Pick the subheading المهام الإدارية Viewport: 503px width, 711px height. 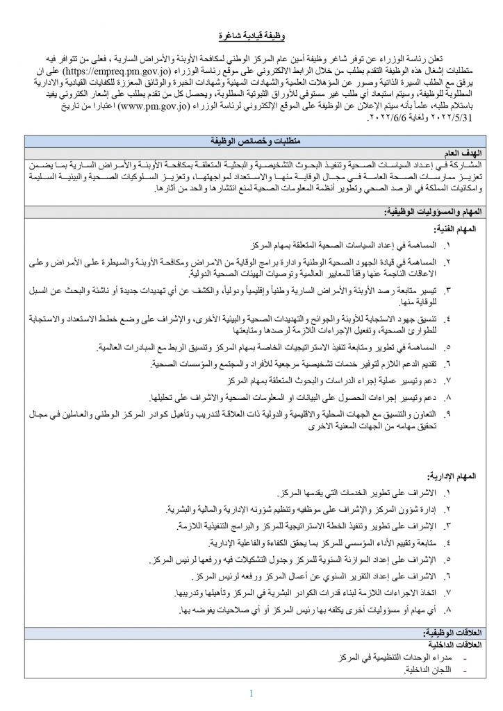tap(451, 475)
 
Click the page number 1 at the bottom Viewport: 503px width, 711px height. tap(251, 692)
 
